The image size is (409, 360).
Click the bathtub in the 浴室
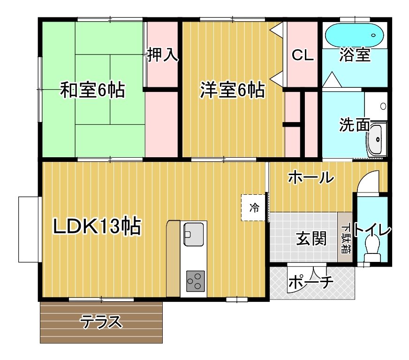tap(354, 36)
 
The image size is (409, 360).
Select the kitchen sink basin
tap(194, 234)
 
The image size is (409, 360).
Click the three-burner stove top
tap(196, 281)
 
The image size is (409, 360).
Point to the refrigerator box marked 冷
tap(253, 207)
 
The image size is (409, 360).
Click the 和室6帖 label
tap(92, 90)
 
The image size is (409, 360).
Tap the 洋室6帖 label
tap(232, 90)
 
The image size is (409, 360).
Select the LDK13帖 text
tap(97, 226)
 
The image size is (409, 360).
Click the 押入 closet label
tap(163, 54)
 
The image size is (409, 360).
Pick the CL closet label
tap(303, 55)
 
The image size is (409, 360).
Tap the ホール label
tap(311, 177)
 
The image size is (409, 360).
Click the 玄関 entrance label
tap(311, 238)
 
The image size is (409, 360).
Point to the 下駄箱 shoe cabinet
tap(345, 237)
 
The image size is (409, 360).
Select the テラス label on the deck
tap(101, 322)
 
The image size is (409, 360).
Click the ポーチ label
tap(311, 282)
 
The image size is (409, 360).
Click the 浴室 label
tap(355, 54)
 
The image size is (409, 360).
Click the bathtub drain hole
tap(373, 35)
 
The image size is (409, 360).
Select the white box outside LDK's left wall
tap(29, 229)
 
